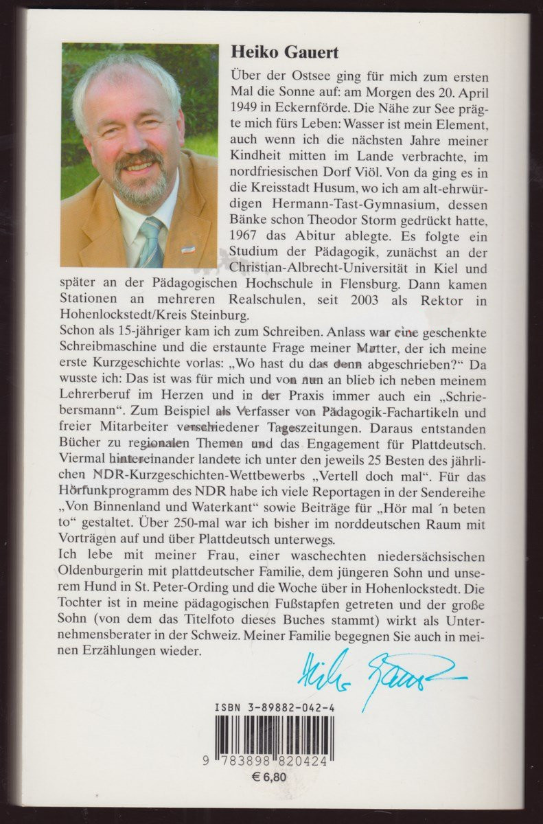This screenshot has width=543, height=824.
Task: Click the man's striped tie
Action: coord(150,241)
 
